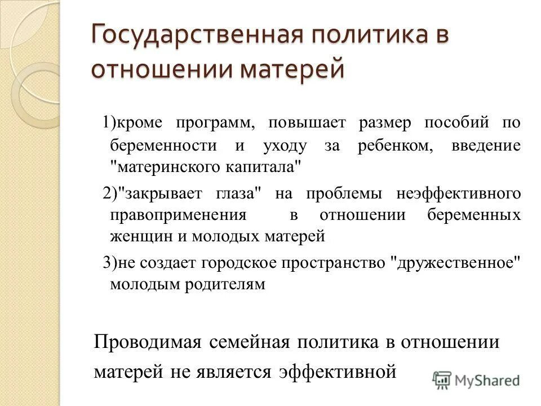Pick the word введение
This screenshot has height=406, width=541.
tap(486, 145)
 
